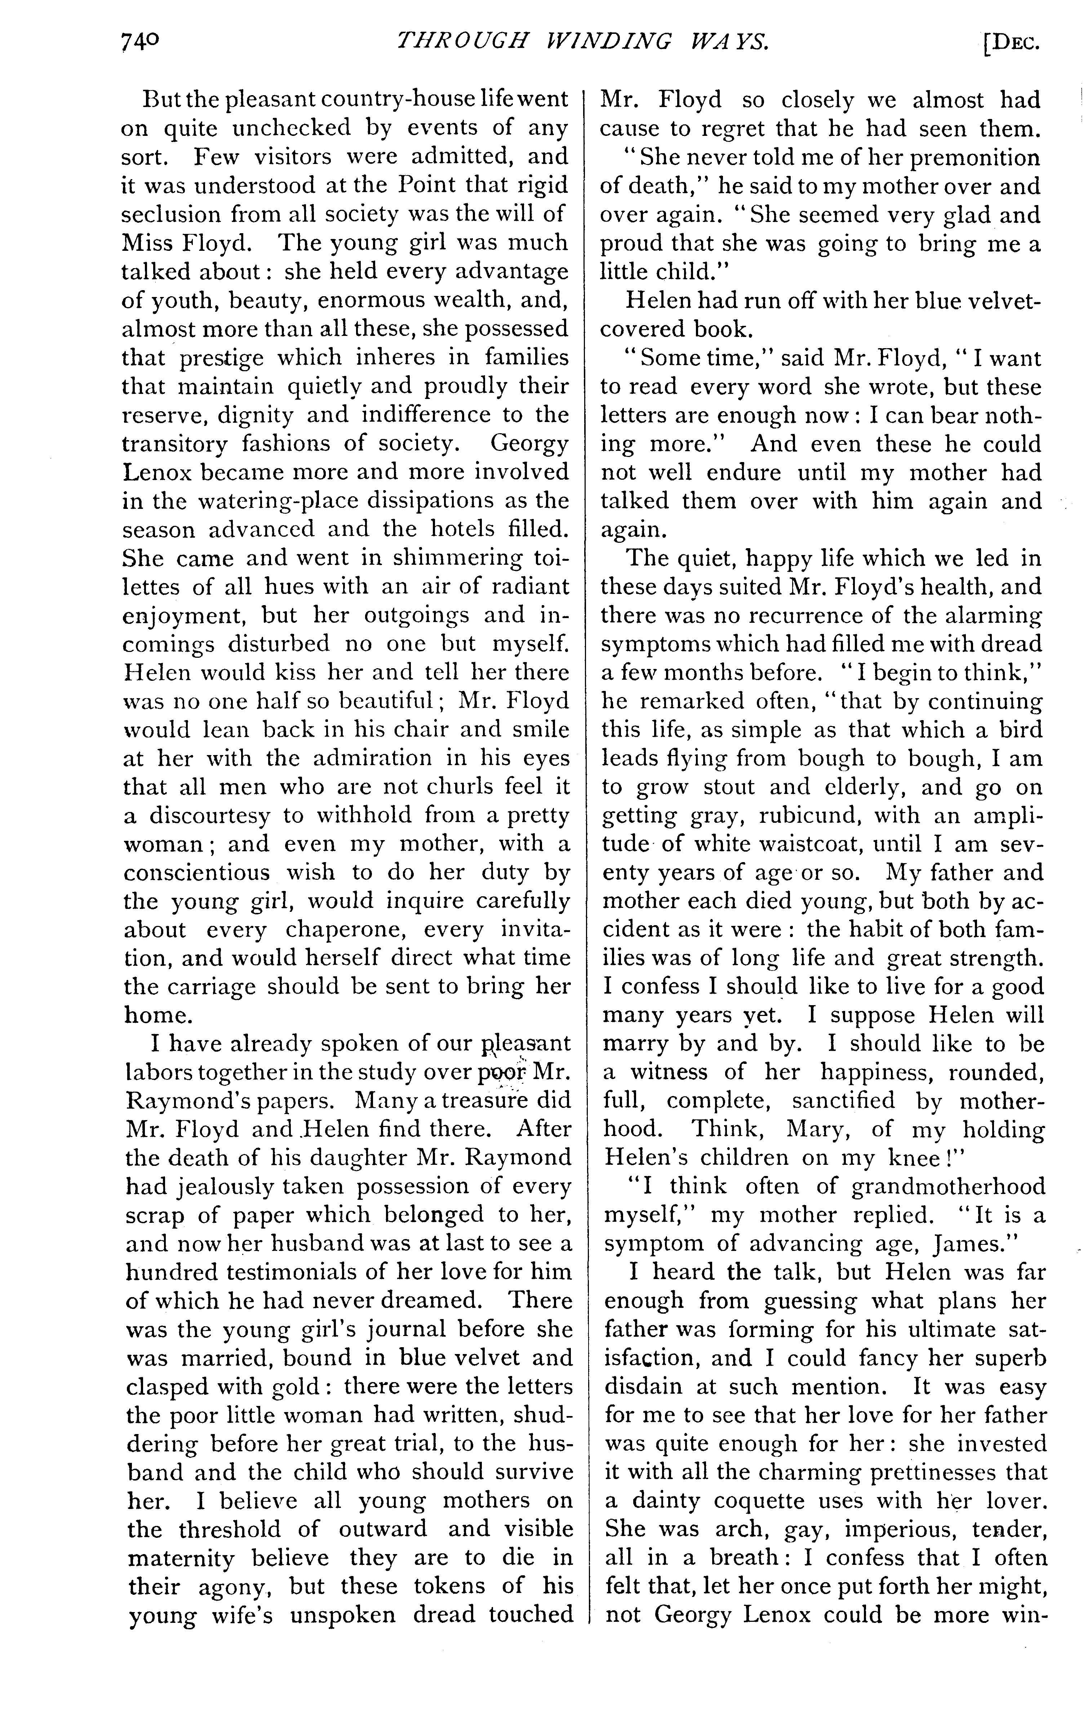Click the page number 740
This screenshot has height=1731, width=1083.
[141, 44]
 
